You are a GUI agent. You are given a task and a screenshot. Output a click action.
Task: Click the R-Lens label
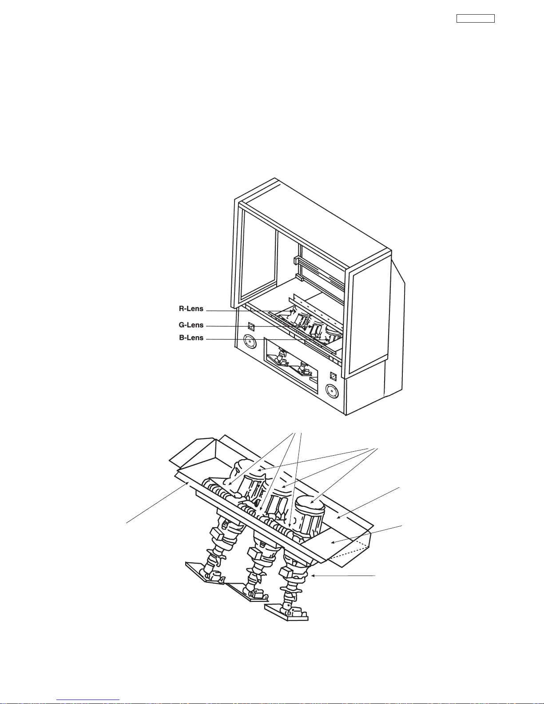point(191,309)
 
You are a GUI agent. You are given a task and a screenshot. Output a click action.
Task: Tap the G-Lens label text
point(191,325)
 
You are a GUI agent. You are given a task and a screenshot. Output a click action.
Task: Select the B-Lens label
point(191,338)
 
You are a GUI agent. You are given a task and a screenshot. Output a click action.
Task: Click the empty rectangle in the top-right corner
point(475,19)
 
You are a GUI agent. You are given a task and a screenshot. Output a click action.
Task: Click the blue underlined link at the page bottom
point(88,700)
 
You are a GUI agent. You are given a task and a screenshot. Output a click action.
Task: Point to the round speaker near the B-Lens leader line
point(250,342)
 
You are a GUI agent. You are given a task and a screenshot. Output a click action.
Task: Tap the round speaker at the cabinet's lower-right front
point(332,392)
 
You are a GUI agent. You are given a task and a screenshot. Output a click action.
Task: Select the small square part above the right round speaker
point(334,376)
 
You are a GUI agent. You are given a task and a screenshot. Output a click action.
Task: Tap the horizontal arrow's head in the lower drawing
point(314,576)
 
